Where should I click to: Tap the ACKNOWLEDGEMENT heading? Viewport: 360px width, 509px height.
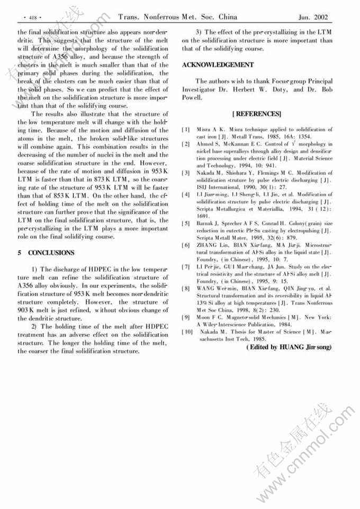[218, 65]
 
